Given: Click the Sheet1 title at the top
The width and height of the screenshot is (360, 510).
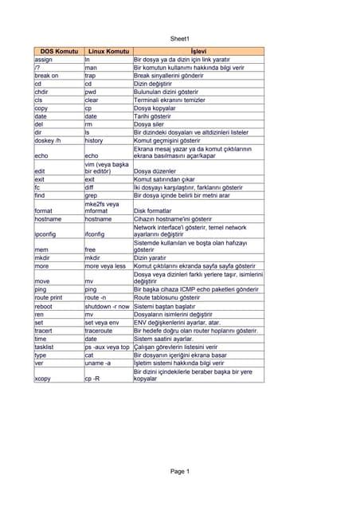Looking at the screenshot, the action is point(180,38).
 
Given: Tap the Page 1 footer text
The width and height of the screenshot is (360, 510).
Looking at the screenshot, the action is point(180,471).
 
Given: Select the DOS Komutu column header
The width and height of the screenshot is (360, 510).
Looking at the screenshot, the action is point(58,52).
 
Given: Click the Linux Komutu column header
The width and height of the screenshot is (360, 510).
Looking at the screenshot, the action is point(108,52).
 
